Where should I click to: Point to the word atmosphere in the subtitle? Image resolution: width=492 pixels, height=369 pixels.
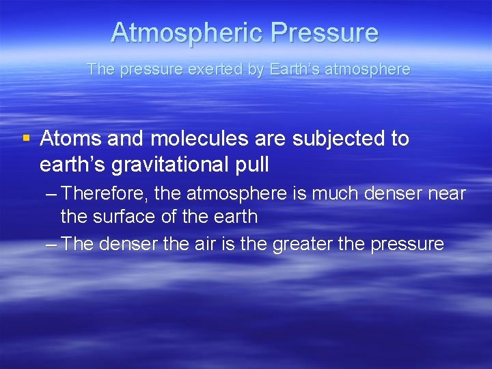coord(372,69)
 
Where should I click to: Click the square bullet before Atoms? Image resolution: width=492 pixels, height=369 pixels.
coord(26,139)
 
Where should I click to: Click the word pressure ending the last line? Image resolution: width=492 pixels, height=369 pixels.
coord(407,244)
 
